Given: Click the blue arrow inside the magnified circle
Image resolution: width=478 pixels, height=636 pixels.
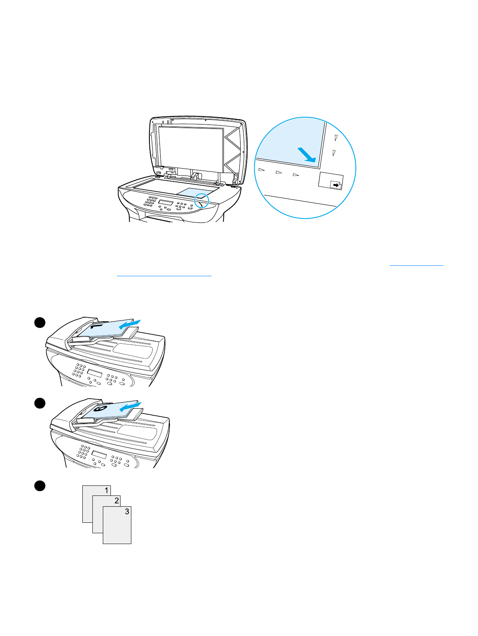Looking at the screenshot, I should (307, 155).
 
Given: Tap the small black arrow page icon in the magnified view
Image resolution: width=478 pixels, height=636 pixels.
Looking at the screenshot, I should (335, 184).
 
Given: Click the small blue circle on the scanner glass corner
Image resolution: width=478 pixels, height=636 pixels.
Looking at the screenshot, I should (202, 200).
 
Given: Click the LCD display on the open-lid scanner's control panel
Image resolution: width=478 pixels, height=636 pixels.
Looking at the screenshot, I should (165, 202).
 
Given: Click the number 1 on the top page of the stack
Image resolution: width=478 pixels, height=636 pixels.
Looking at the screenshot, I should (106, 491).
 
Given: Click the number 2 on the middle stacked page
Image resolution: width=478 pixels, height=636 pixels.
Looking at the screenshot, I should (116, 501).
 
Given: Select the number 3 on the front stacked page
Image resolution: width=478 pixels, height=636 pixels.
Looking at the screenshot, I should (127, 512).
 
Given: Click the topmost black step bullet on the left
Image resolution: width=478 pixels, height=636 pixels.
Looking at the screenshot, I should (39, 323).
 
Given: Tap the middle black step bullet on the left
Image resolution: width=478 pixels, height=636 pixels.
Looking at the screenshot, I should (39, 404).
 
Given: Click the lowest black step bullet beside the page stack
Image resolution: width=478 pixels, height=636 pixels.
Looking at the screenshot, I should (39, 485).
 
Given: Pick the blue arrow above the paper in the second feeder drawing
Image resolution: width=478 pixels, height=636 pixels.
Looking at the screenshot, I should (132, 407).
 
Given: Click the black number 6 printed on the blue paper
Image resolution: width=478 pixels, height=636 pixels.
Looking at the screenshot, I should (100, 410).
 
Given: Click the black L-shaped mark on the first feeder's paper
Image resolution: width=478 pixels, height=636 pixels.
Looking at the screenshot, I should (95, 327).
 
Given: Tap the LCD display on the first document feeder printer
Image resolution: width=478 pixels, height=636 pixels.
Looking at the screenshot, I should (94, 373).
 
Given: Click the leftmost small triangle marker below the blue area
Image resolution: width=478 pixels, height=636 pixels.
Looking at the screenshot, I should (261, 170).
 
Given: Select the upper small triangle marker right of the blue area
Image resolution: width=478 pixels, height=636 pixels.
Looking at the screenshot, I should (336, 138).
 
